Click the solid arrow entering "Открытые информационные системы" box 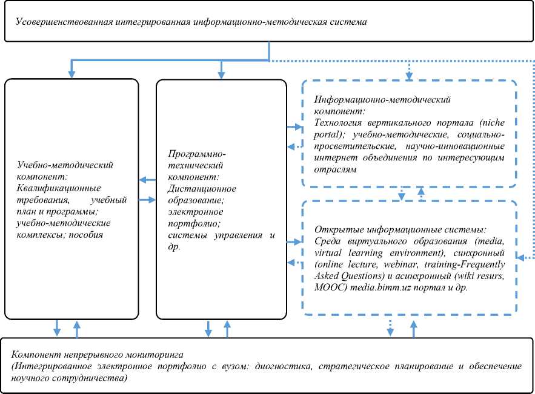[x=296, y=241]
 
